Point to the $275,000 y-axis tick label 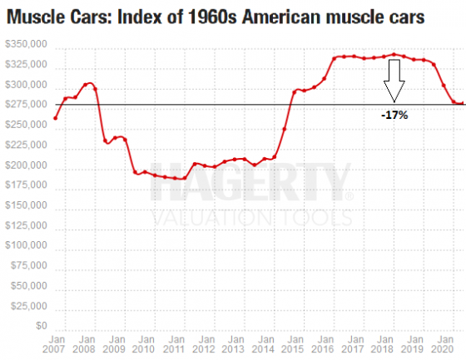pos(26,105)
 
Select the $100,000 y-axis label pos(26,249)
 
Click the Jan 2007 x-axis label pos(55,345)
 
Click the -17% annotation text pos(394,116)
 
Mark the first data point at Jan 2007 pos(55,118)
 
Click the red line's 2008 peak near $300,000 pos(90,83)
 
